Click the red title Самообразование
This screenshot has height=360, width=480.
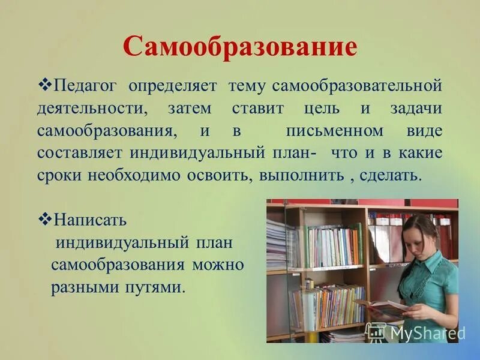tap(240, 46)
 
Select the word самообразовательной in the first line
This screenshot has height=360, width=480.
tap(357, 86)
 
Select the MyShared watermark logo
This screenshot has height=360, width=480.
tap(415, 332)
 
